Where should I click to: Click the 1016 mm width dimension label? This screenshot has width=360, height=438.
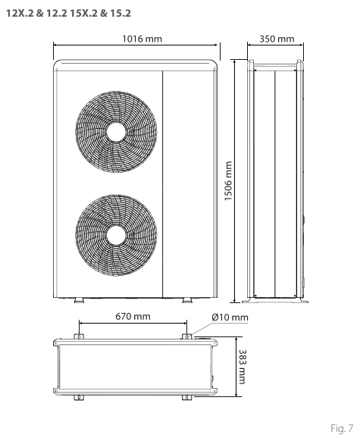(142, 39)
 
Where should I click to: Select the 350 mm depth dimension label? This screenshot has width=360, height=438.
(277, 39)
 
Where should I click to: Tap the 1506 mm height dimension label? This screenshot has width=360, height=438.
(228, 180)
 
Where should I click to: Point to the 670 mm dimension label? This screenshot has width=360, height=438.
(133, 316)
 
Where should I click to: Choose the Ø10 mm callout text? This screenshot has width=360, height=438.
(230, 317)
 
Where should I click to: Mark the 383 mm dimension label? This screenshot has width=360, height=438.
(242, 367)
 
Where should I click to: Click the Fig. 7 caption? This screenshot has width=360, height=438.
(342, 428)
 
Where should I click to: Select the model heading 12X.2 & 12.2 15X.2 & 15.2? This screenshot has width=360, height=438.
(68, 13)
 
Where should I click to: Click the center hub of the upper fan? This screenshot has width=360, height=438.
(116, 132)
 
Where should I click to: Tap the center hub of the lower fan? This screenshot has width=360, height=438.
(116, 235)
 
